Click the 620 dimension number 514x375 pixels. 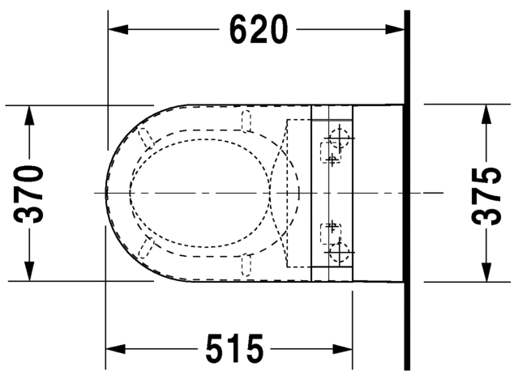click(258, 30)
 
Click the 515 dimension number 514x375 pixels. click(235, 350)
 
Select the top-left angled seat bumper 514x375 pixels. click(146, 138)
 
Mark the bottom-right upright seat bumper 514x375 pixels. click(246, 263)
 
